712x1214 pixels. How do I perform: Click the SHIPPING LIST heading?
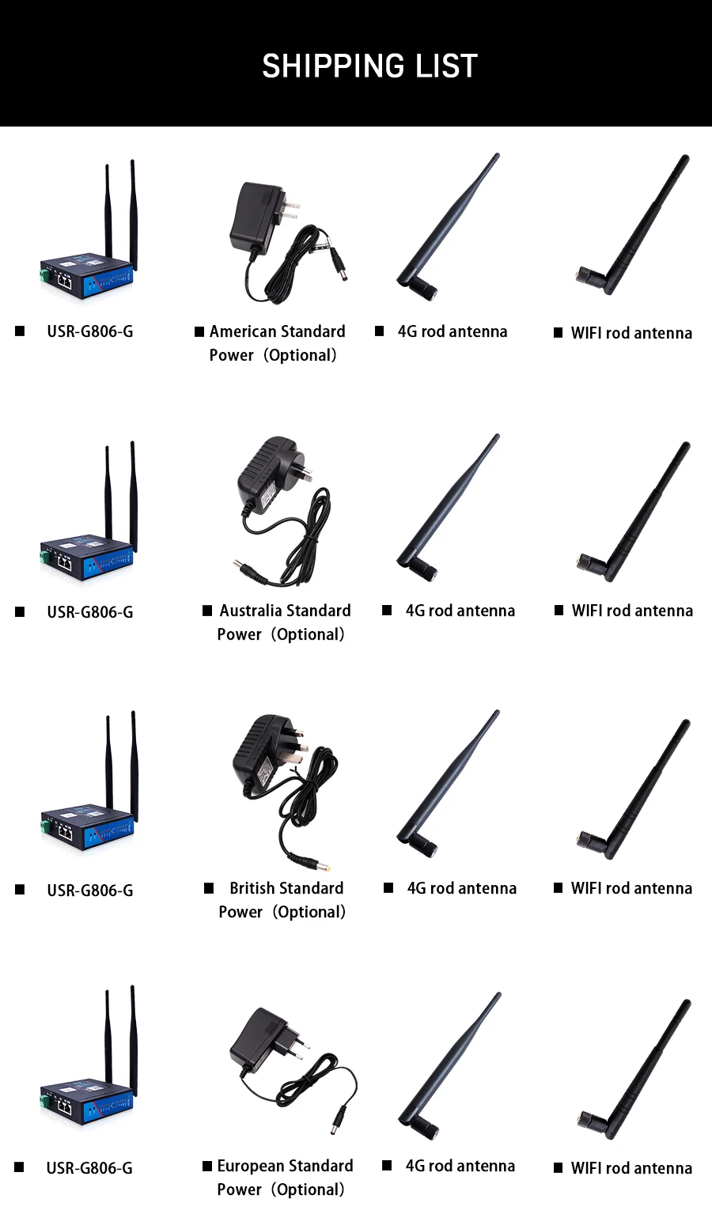pyautogui.click(x=369, y=66)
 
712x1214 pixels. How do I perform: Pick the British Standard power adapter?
pyautogui.click(x=265, y=755)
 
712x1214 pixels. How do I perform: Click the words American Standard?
pyautogui.click(x=277, y=331)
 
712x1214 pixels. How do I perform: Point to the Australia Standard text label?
pyautogui.click(x=285, y=611)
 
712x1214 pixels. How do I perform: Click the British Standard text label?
pyautogui.click(x=286, y=888)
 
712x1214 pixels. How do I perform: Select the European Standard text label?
pyautogui.click(x=285, y=1166)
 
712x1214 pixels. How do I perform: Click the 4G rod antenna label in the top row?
pyautogui.click(x=452, y=331)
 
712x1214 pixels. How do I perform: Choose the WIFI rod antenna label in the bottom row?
pyautogui.click(x=631, y=1168)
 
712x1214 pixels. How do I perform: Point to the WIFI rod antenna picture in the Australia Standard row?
pyautogui.click(x=633, y=514)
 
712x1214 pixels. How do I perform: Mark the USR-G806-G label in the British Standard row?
pyautogui.click(x=89, y=891)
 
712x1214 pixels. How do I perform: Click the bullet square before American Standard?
pyautogui.click(x=199, y=331)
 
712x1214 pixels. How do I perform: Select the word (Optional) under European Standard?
pyautogui.click(x=309, y=1189)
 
